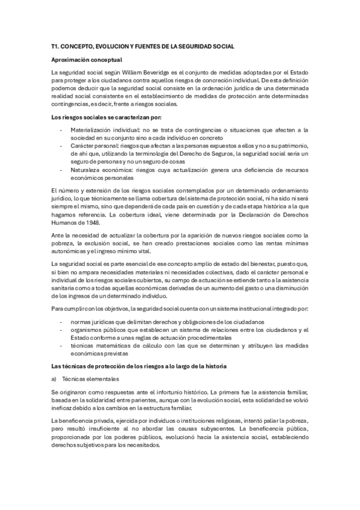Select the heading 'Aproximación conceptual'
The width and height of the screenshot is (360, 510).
87,60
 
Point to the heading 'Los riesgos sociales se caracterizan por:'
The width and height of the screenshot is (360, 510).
106,117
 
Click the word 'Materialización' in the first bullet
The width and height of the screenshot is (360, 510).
90,129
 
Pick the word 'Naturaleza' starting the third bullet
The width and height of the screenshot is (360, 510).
85,170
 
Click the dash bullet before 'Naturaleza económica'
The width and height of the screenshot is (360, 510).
61,170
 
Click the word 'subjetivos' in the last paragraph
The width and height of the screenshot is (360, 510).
88,446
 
